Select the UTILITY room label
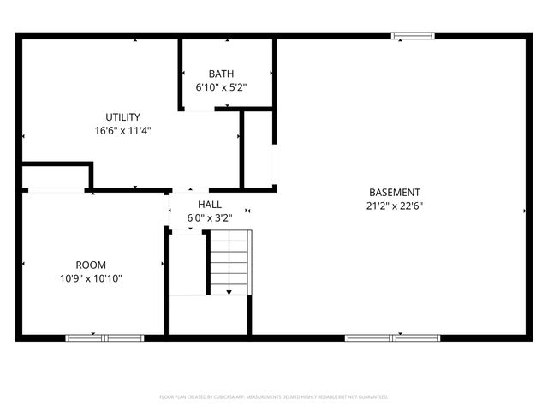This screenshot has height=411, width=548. click(122, 117)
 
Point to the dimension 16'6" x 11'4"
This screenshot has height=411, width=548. click(122, 131)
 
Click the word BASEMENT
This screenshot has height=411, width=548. click(394, 192)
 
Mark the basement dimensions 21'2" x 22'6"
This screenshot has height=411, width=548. click(394, 205)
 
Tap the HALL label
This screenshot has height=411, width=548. click(210, 205)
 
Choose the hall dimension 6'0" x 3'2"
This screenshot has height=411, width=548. click(210, 218)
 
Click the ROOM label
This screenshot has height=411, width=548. click(91, 265)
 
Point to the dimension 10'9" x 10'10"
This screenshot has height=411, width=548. click(91, 278)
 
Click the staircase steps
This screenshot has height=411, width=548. click(229, 261)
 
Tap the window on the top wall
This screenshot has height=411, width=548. click(413, 36)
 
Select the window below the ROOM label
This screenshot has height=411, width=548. click(104, 337)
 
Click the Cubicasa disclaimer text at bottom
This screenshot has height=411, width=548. click(274, 397)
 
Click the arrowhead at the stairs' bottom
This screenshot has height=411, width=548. click(229, 292)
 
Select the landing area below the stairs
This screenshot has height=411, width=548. click(208, 314)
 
